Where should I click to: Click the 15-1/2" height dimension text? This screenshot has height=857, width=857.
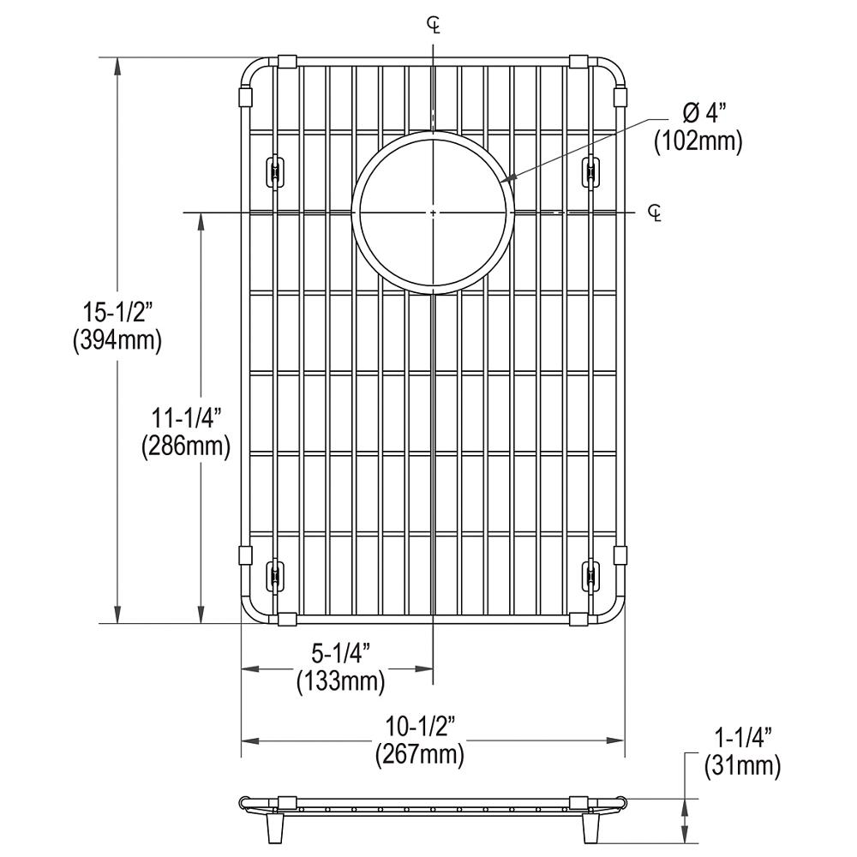pos(117,313)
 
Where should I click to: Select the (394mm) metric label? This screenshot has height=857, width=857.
pos(117,341)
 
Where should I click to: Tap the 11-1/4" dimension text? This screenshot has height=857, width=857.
pos(185,418)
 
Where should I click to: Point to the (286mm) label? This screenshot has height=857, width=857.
pos(186,446)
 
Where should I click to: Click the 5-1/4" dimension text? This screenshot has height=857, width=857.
pos(340,654)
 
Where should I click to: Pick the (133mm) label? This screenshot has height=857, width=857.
pos(341,682)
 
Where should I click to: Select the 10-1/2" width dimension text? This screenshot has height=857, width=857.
pos(420,727)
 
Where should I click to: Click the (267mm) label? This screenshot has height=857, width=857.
pos(420,755)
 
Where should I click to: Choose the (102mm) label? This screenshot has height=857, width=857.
pos(698,141)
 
